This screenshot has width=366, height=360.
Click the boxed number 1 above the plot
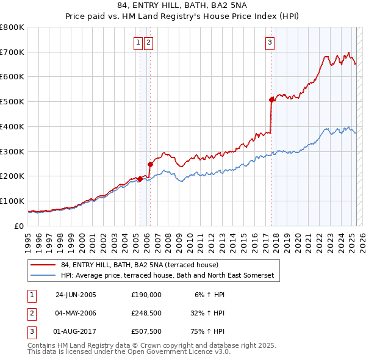pyautogui.click(x=138, y=42)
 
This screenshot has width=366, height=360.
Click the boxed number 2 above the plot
pyautogui.click(x=149, y=42)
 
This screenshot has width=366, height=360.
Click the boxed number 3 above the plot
pyautogui.click(x=270, y=42)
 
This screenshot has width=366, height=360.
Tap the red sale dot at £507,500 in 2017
pyautogui.click(x=271, y=99)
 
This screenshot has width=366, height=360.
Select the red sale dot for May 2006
pyautogui.click(x=150, y=164)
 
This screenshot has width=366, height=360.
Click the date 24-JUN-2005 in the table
pyautogui.click(x=76, y=294)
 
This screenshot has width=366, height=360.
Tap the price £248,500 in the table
pyautogui.click(x=146, y=313)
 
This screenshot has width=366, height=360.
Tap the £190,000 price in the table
pyautogui.click(x=146, y=294)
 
